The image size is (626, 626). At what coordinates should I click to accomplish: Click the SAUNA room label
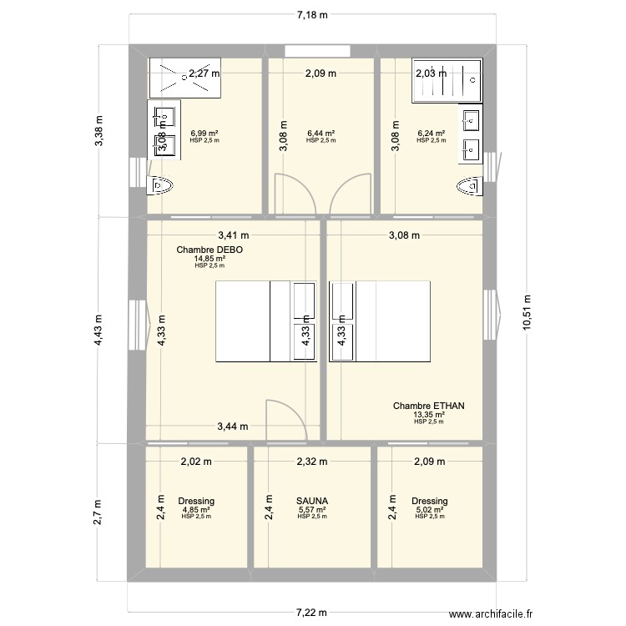click(313, 501)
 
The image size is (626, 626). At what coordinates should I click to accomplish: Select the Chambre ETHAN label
click(429, 406)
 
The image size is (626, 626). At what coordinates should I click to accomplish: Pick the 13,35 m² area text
click(429, 415)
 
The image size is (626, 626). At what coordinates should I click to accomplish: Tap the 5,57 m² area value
click(313, 509)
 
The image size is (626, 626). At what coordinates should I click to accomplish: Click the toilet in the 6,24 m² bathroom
click(471, 186)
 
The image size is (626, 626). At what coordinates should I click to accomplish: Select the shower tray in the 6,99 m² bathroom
click(184, 77)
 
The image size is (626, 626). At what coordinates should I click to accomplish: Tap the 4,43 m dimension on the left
click(98, 329)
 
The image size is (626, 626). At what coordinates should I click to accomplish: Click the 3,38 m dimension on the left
click(98, 131)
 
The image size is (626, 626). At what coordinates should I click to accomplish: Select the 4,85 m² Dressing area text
click(196, 509)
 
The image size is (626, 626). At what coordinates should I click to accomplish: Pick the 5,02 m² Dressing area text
click(430, 509)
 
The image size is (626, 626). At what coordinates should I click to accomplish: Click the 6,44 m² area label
click(321, 134)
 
